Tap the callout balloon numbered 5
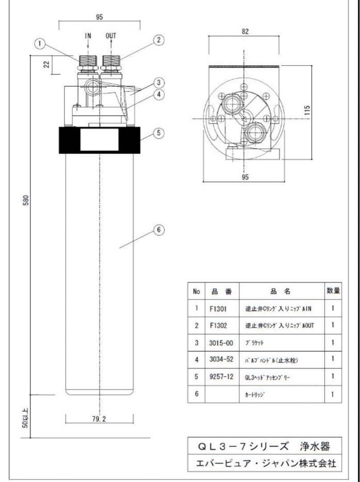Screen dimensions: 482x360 tap(158, 133)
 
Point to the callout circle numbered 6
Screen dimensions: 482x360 tap(158, 230)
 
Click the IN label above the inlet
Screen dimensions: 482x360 tap(88, 35)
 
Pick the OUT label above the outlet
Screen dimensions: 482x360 tap(111, 35)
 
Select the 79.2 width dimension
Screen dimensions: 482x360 tap(99, 419)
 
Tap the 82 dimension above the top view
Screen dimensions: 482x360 tap(245, 31)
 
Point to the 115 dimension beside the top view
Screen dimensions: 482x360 tap(307, 109)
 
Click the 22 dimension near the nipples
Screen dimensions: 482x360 tap(46, 65)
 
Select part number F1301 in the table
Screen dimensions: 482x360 tap(218, 308)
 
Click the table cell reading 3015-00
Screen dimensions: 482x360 tap(221, 343)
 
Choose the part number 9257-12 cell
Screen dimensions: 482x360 tap(221, 377)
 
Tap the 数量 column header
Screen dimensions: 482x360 tap(333, 291)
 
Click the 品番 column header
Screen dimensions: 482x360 tap(222, 291)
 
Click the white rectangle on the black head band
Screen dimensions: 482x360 tap(99, 140)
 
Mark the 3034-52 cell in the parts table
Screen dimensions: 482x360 tap(221, 360)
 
